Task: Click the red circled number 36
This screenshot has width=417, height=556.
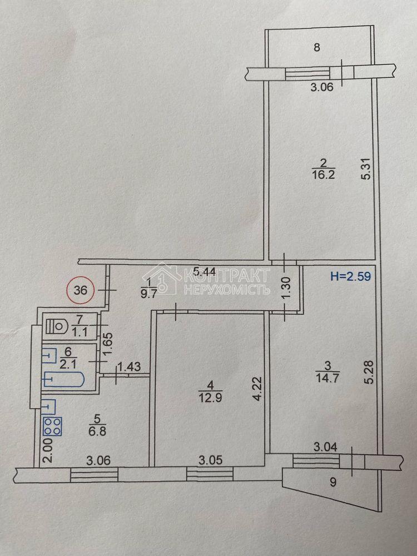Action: [x=81, y=290]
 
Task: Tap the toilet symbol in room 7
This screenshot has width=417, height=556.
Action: [x=57, y=325]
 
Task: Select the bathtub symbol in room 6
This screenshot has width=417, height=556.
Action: [x=64, y=379]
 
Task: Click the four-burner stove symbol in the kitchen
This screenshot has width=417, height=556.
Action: [x=52, y=426]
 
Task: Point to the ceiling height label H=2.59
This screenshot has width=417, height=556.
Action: [x=351, y=276]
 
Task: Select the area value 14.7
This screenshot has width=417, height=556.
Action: [x=327, y=378]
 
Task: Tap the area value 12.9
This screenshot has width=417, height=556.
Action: [x=210, y=398]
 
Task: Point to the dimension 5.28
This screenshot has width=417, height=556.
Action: [x=370, y=372]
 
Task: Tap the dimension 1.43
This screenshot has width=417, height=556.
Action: [x=129, y=366]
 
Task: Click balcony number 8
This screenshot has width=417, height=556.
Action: [x=317, y=47]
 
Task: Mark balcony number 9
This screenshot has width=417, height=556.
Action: [x=332, y=482]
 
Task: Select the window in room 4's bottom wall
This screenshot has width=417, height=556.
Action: [x=210, y=474]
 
